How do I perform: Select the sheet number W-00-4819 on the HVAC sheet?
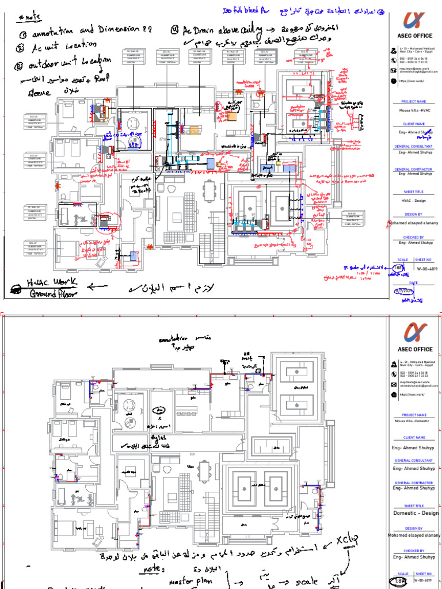pyautogui.click(x=426, y=268)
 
